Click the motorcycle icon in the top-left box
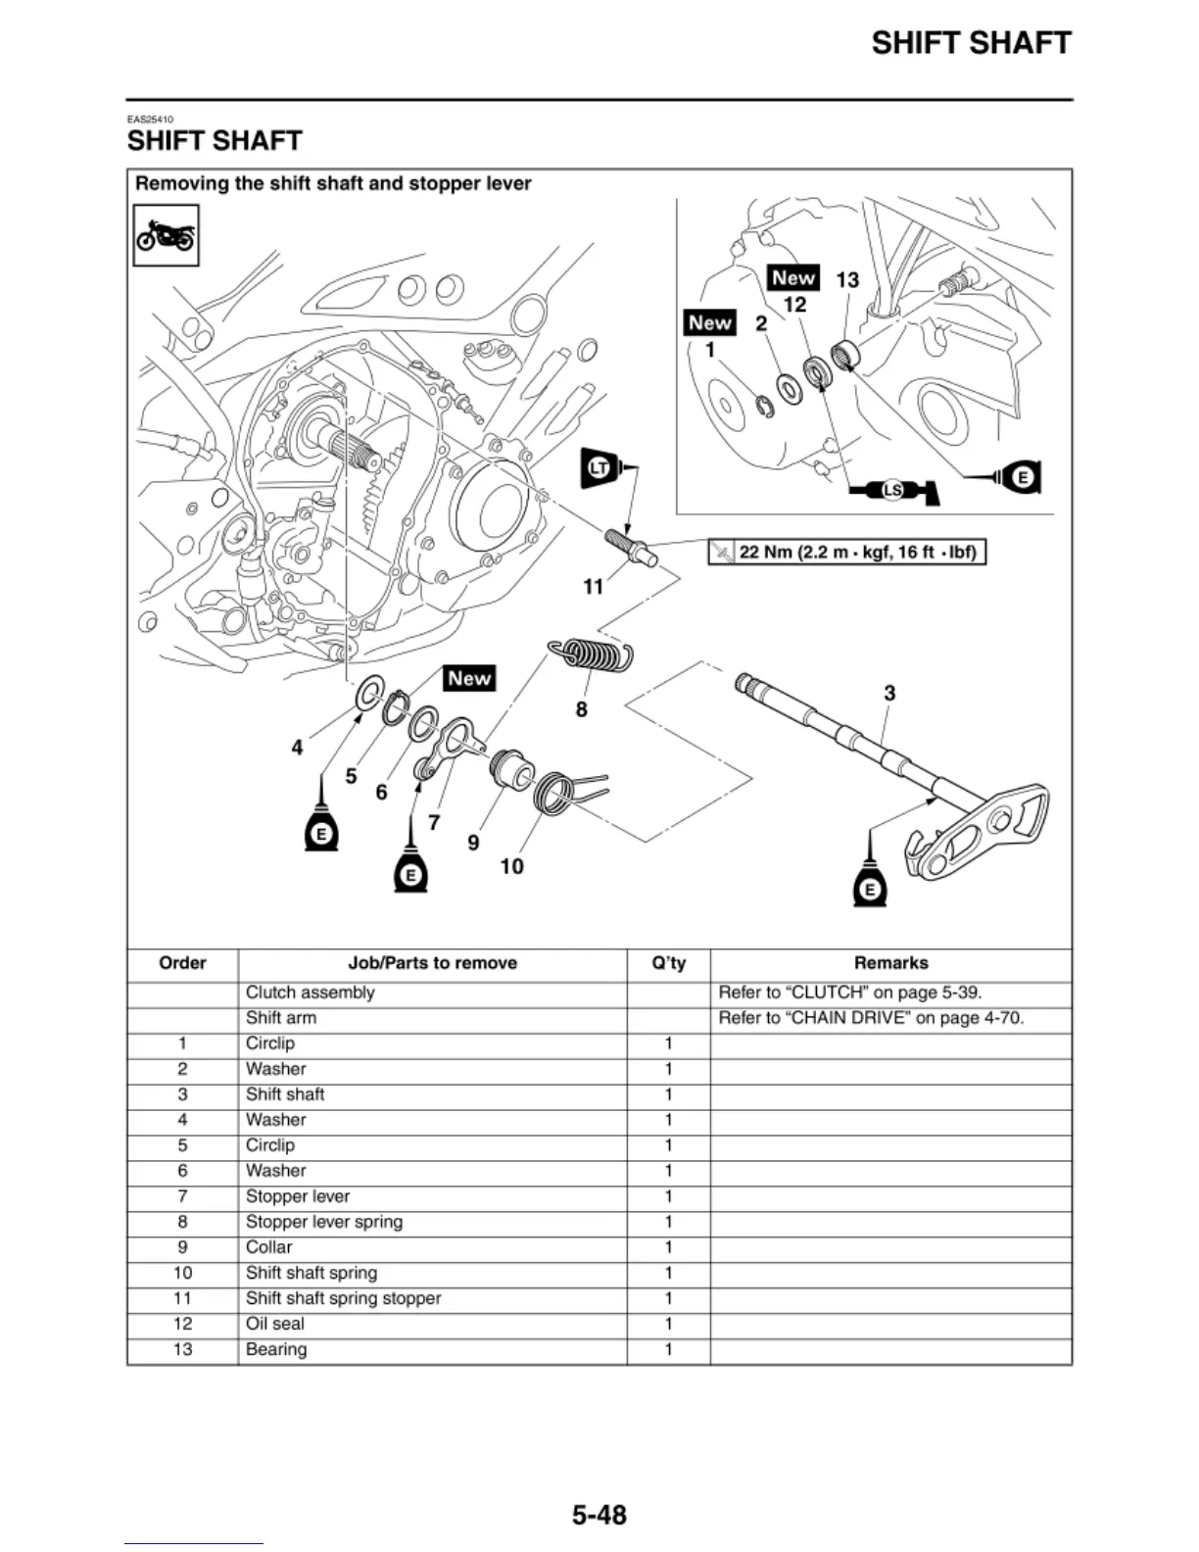point(166,235)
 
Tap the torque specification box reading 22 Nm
point(846,552)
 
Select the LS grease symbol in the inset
point(891,490)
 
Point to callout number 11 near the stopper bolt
point(593,586)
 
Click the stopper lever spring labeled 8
point(590,653)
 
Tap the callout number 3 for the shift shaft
point(889,693)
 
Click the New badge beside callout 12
point(793,278)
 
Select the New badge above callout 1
point(710,322)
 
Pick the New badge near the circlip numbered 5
point(469,678)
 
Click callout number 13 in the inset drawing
point(847,280)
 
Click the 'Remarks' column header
point(890,963)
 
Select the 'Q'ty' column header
point(668,963)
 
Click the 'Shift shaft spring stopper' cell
point(343,1298)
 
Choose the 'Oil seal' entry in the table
point(275,1324)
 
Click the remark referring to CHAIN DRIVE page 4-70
point(871,1018)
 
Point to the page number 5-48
point(599,1515)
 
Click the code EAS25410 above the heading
point(150,120)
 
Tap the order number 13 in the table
point(182,1349)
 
